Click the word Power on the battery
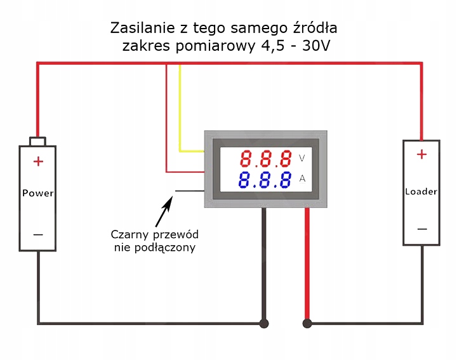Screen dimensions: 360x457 click(38, 193)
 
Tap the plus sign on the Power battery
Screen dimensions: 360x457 click(38, 161)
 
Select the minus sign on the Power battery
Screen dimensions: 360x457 click(38, 234)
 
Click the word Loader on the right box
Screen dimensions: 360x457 click(421, 191)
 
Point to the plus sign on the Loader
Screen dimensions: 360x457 click(421, 154)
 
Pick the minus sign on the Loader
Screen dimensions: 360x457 click(421, 229)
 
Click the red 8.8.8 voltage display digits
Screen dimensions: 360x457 click(266, 158)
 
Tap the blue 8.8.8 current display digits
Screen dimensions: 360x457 click(266, 180)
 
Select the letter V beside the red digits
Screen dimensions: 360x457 click(302, 158)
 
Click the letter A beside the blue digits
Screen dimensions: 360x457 click(302, 180)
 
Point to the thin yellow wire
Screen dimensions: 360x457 click(180, 108)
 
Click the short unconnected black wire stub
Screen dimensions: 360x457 click(189, 190)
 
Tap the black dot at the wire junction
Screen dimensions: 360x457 click(264, 323)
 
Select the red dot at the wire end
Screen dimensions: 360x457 click(308, 323)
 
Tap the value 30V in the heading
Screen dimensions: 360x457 click(315, 46)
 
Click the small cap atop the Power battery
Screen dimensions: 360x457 click(38, 140)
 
